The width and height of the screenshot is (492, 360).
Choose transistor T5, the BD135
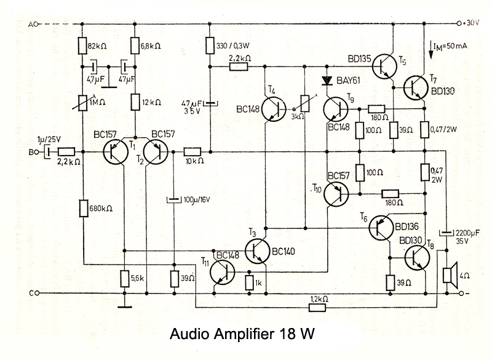coord(385,64)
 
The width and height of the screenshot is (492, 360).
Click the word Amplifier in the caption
coord(242,335)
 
